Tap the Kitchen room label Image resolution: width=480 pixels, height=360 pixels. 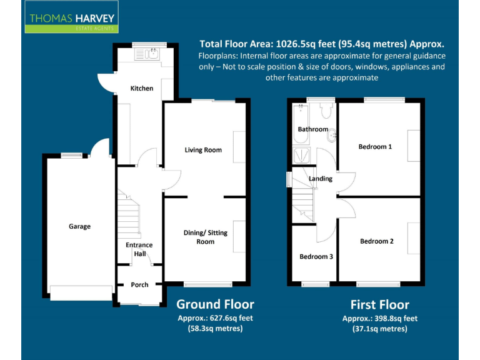[142, 88]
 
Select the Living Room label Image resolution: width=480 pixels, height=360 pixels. [203, 150]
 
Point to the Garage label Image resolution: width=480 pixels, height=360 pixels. [79, 226]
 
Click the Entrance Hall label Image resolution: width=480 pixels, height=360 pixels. [139, 249]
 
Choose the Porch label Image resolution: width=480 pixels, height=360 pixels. [139, 285]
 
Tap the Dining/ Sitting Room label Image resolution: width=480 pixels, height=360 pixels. [205, 237]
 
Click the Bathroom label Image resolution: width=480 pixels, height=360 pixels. [312, 129]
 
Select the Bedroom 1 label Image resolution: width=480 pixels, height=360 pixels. [375, 147]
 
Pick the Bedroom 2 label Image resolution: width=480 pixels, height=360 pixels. [377, 241]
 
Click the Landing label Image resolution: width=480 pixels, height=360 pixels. [321, 179]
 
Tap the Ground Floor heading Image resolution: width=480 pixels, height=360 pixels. [215, 304]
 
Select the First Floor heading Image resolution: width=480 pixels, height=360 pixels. [380, 305]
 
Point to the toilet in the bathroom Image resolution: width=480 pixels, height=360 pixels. [325, 111]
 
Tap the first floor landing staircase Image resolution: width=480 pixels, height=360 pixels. [302, 196]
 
